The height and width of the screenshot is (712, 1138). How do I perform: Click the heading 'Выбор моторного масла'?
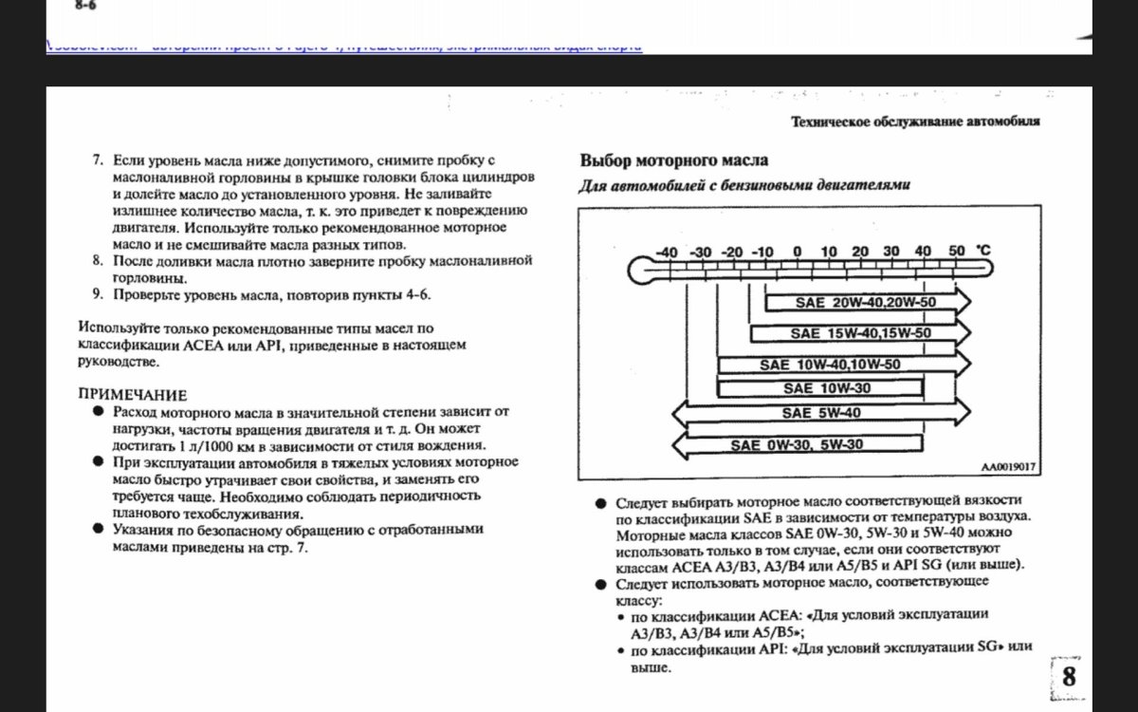[673, 160]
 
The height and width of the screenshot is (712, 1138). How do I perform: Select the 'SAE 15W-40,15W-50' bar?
[860, 333]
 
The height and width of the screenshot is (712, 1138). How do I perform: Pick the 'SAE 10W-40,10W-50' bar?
[830, 364]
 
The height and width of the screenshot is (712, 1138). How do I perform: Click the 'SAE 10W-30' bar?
[820, 388]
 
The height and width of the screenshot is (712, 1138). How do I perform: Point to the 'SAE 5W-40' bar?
[821, 413]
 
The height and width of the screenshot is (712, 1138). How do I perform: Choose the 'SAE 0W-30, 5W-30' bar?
[797, 444]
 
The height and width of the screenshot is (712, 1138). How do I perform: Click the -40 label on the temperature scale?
[667, 252]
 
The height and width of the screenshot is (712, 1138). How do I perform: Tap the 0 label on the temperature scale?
[797, 252]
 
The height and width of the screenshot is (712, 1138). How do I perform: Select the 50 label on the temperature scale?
[956, 252]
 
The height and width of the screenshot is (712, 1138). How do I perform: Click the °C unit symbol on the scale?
[983, 251]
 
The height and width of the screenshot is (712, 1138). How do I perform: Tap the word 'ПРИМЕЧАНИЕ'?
[133, 395]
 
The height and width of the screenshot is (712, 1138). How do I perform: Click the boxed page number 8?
[1069, 677]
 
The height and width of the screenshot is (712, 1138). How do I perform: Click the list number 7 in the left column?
[98, 160]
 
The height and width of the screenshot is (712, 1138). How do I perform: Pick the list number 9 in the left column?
[98, 294]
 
